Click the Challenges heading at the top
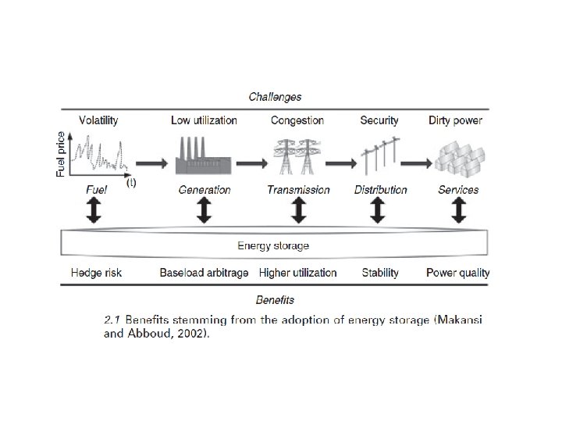click(275, 97)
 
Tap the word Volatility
click(98, 120)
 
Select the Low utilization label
click(204, 120)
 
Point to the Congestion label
click(297, 120)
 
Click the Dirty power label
click(455, 120)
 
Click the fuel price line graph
click(98, 153)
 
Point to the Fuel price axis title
click(62, 154)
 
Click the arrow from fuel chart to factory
click(151, 163)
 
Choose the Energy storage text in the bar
click(273, 245)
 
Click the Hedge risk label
click(96, 273)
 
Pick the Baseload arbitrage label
click(204, 273)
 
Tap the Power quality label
click(458, 273)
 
